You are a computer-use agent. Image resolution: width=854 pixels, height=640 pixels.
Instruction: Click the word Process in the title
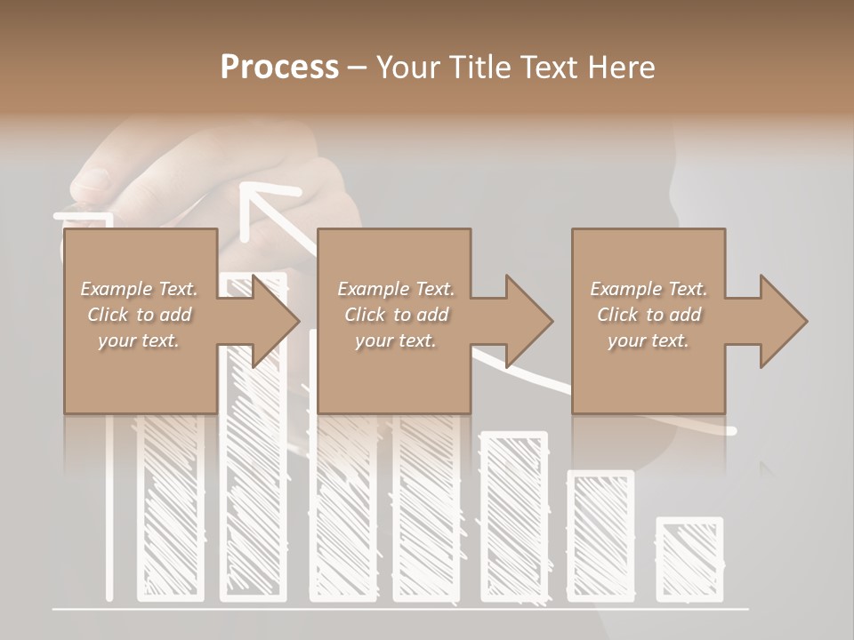point(279,68)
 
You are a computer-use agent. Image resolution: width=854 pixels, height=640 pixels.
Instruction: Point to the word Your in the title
point(407,68)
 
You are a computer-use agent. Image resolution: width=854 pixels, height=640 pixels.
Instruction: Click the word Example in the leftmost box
point(114,289)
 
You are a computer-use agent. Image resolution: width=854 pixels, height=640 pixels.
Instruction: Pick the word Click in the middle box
point(364,315)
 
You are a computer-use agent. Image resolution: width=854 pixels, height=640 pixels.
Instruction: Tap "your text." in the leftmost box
point(139,340)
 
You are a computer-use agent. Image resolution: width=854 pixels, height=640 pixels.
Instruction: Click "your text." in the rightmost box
point(648,340)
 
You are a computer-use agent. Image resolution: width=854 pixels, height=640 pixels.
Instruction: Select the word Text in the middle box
point(434,289)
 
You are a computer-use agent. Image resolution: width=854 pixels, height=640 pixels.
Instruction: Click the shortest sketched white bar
point(689,559)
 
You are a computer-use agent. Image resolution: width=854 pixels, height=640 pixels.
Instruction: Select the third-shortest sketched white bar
point(514,516)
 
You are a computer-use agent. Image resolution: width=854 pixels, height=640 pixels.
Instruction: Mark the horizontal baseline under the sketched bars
point(400,610)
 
